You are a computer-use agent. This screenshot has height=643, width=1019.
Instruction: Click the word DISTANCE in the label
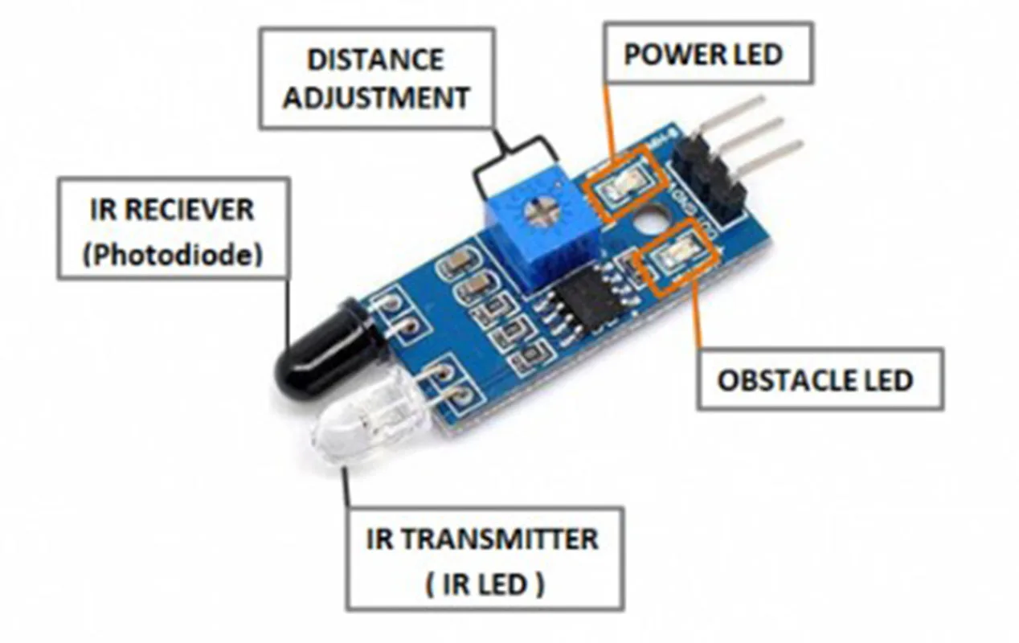[x=375, y=59]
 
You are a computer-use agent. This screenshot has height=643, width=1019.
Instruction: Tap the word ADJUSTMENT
[x=375, y=97]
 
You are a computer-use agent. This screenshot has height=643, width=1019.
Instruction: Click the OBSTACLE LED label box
[x=815, y=379]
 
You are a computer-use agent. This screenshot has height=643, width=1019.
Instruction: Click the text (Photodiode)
[x=174, y=255]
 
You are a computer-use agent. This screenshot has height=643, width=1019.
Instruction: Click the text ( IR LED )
[x=485, y=584]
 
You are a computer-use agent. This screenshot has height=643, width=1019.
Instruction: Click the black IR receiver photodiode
[x=317, y=354]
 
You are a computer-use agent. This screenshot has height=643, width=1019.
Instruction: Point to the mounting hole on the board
[x=651, y=219]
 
